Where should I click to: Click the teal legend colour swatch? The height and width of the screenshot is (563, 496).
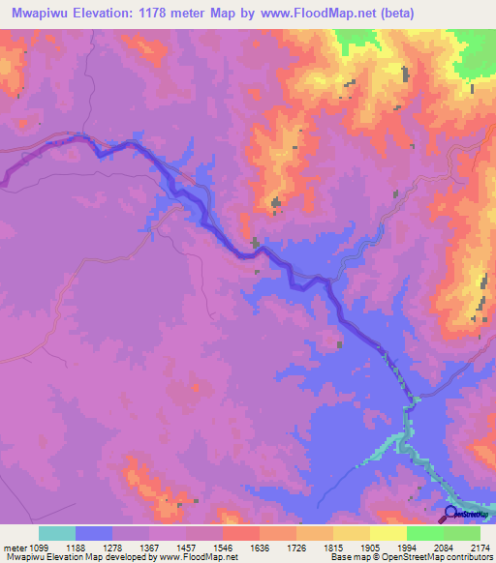coord(57,533)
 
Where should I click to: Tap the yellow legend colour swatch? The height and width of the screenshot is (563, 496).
coord(388,533)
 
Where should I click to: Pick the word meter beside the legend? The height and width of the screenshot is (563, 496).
coord(14,547)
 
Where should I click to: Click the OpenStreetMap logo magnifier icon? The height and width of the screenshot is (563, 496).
coord(450,514)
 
